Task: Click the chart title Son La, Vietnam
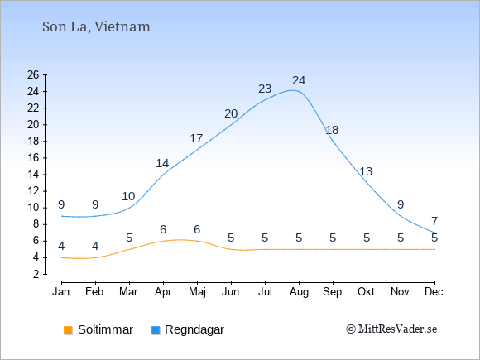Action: tap(96, 27)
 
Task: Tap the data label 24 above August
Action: tap(299, 80)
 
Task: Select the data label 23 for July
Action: tap(265, 89)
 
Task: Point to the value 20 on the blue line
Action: tap(231, 113)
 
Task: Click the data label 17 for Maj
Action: tap(196, 138)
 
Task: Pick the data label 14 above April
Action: tap(162, 163)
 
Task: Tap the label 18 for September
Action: tap(332, 130)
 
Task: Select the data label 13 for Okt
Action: tap(366, 171)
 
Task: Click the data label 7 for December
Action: tap(434, 221)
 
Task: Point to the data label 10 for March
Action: tap(128, 196)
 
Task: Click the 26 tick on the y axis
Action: tap(33, 74)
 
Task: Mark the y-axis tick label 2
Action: tap(36, 274)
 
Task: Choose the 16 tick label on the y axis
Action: tap(33, 157)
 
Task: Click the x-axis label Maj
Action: tap(197, 292)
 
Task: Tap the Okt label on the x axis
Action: tap(366, 292)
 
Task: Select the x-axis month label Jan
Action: tap(61, 292)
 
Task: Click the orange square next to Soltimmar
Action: tap(68, 330)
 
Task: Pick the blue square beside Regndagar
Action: tap(156, 330)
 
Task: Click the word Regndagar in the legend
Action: tap(194, 329)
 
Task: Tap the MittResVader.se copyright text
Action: tap(391, 329)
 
